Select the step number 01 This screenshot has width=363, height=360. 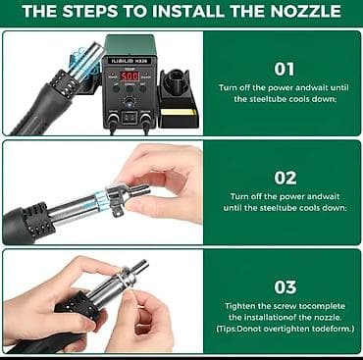(x=285, y=70)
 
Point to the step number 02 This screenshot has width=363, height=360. (x=285, y=179)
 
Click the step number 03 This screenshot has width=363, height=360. (x=285, y=287)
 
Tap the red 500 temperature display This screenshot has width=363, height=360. (x=130, y=77)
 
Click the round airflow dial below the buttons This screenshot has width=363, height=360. (x=130, y=102)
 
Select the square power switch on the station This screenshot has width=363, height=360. (x=130, y=118)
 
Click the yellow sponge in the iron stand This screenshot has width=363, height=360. (x=179, y=113)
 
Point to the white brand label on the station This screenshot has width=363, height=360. (x=130, y=61)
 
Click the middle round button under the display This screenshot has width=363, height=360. (x=130, y=88)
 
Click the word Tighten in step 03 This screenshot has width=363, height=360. (x=238, y=306)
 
